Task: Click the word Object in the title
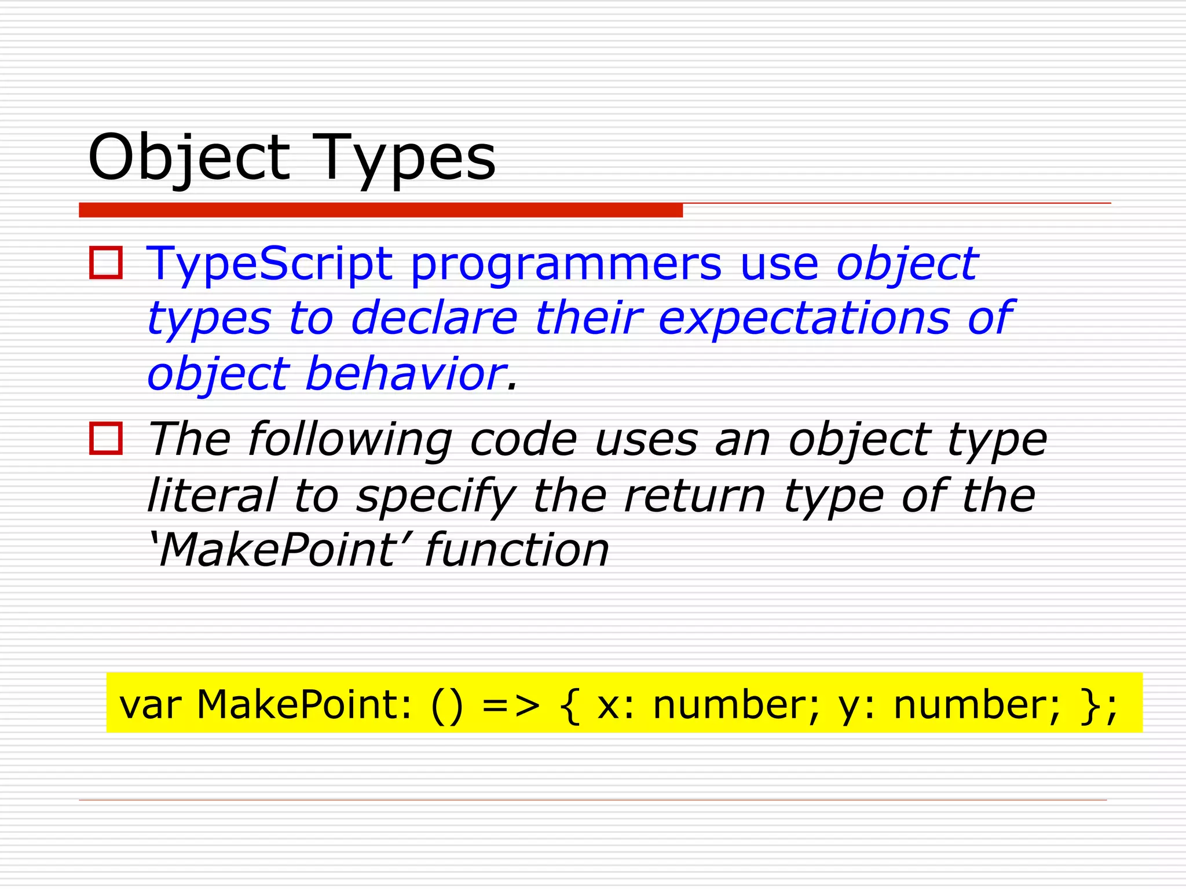[189, 157]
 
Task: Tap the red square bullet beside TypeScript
[106, 263]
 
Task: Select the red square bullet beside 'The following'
[106, 439]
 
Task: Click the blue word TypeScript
[269, 264]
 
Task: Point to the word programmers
[566, 264]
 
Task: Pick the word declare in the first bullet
[434, 318]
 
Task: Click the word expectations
[804, 318]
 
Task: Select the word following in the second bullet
[350, 440]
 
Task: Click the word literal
[212, 495]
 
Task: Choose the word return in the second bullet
[695, 495]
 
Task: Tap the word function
[517, 550]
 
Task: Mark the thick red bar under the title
[380, 210]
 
